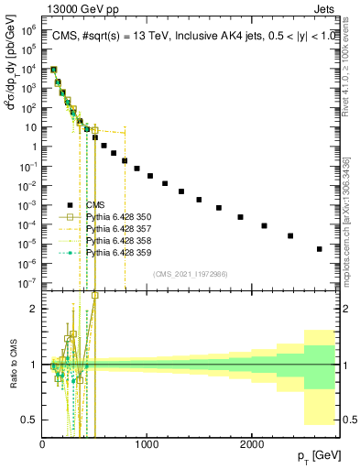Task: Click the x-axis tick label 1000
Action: click(x=147, y=444)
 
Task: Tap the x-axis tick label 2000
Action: click(x=252, y=444)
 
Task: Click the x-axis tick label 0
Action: click(x=43, y=444)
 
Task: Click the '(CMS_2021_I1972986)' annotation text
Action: click(x=191, y=274)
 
